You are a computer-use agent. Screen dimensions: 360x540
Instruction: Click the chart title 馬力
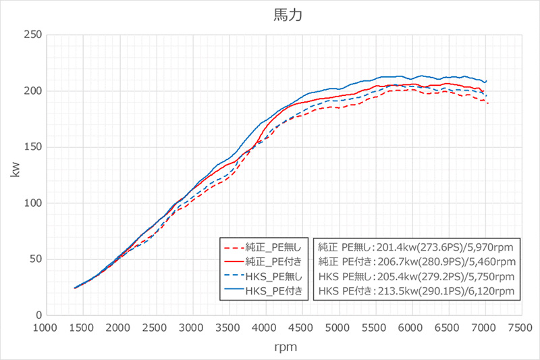point(278,14)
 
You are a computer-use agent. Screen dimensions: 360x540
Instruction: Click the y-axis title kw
point(15,174)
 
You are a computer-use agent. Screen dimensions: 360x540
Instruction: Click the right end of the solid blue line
point(486,81)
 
